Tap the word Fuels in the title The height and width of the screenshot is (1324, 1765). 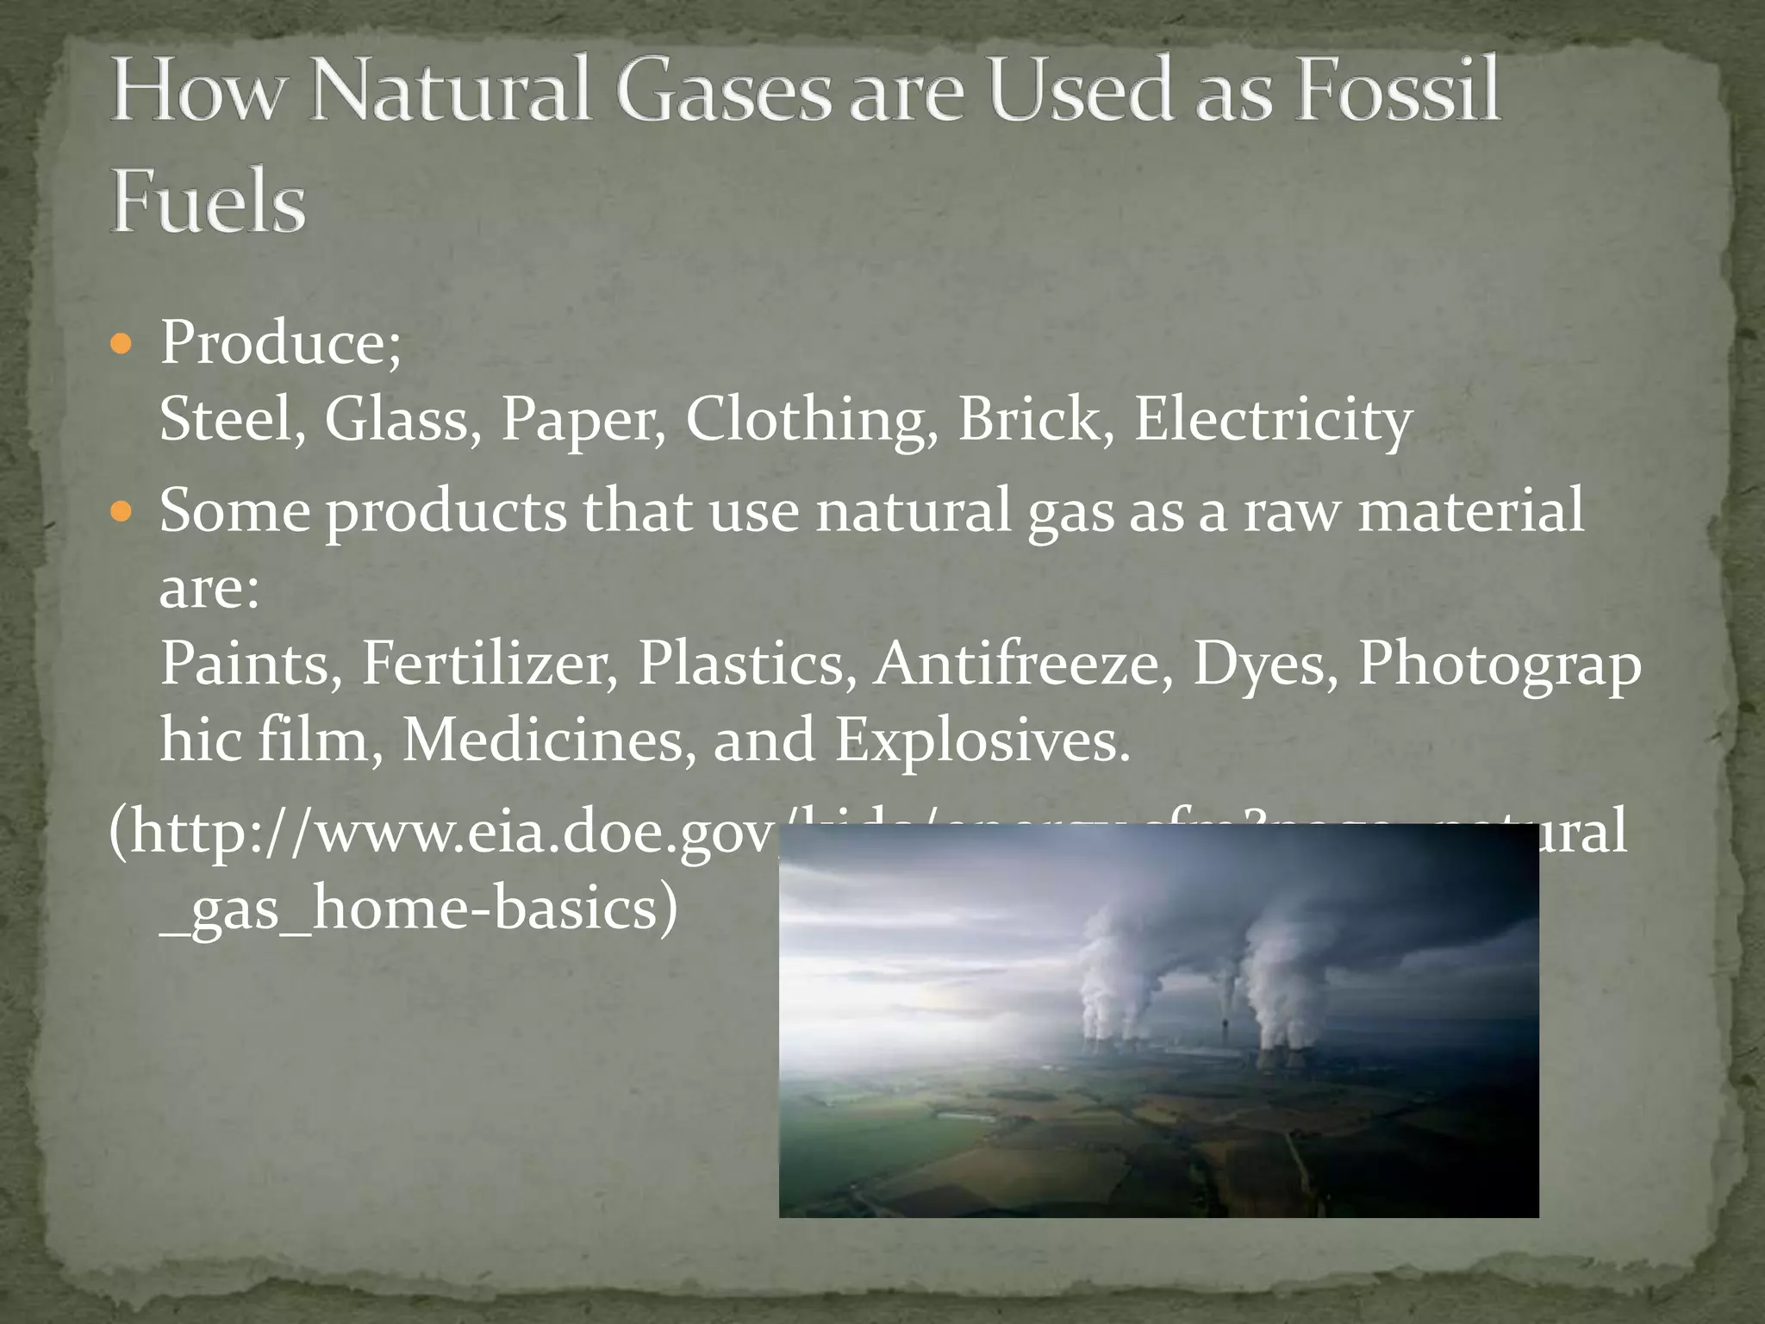(208, 202)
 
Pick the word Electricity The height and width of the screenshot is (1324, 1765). (1272, 420)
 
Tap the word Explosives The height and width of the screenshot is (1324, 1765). (982, 740)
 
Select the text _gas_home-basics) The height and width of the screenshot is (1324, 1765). (419, 909)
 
